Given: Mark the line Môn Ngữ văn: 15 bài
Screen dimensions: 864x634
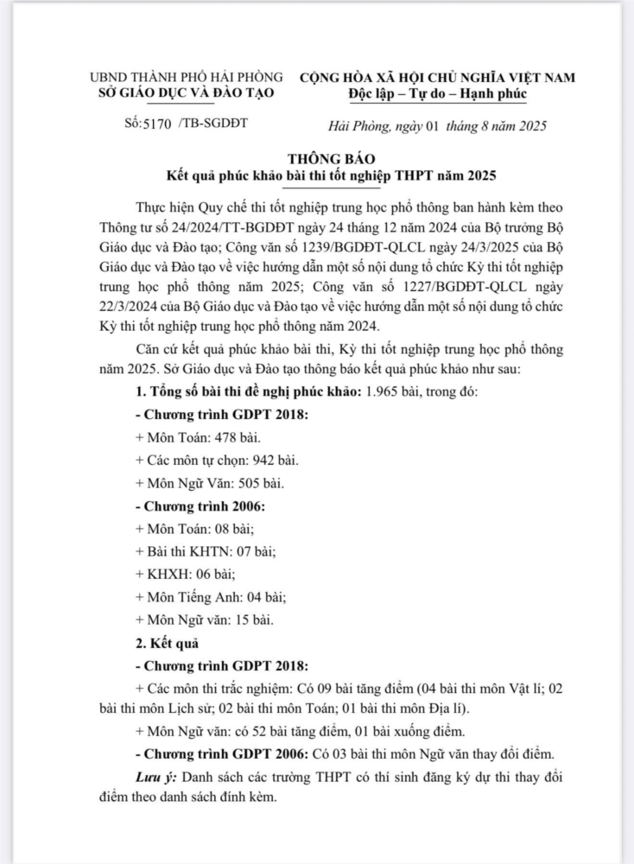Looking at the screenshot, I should point(204,619).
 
